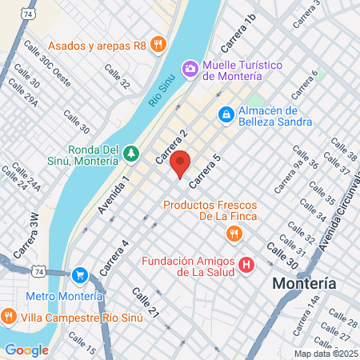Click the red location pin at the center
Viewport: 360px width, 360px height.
pos(181,163)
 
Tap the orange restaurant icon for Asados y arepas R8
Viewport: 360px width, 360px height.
pos(158,44)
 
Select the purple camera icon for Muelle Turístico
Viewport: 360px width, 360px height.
pos(190,69)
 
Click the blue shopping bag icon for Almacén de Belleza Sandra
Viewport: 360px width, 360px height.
pos(227,116)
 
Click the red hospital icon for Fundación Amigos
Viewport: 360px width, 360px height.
pos(246,264)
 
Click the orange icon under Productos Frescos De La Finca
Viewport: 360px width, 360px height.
pos(234,234)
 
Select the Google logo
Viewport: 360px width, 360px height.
pos(26,350)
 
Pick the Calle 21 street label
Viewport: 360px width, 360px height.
pos(147,302)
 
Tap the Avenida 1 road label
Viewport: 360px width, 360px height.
pos(114,195)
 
